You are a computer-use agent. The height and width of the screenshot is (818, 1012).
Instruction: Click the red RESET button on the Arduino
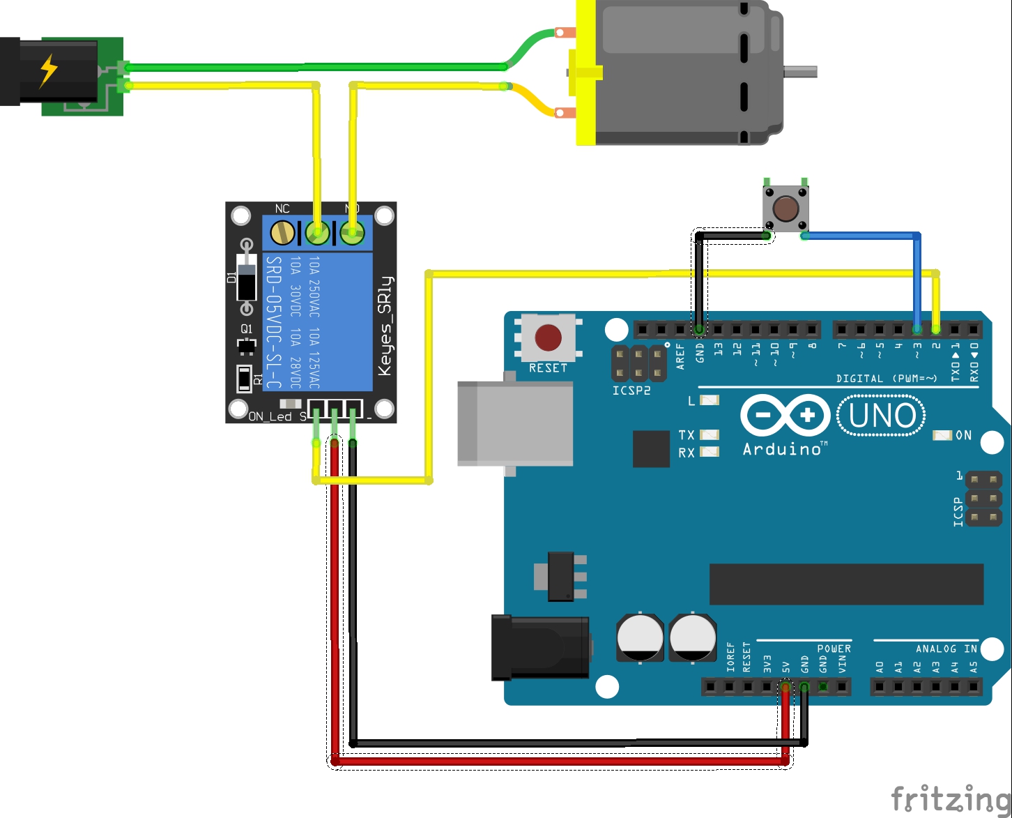(548, 338)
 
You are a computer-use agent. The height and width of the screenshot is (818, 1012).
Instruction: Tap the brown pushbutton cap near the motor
(786, 208)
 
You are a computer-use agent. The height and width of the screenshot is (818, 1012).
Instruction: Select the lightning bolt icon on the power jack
(48, 70)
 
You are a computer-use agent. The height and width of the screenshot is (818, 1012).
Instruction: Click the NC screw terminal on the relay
(282, 232)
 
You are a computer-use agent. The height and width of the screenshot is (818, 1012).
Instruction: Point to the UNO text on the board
(882, 416)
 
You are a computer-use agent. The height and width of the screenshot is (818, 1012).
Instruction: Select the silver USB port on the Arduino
(514, 423)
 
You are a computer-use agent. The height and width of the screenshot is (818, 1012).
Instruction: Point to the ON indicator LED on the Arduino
(942, 435)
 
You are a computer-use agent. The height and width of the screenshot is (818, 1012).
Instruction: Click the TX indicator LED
(709, 435)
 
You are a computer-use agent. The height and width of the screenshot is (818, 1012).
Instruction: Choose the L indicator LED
(709, 400)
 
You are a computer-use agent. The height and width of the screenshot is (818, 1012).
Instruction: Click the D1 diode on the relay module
(246, 277)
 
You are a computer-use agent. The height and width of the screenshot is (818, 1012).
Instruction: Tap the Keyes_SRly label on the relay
(385, 326)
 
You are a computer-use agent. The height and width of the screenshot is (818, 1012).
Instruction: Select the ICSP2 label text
(631, 391)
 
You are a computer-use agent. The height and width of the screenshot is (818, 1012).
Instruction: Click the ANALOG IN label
(946, 649)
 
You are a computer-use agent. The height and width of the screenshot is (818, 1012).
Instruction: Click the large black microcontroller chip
(846, 584)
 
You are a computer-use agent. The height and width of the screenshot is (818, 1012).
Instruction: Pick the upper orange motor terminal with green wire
(565, 32)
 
